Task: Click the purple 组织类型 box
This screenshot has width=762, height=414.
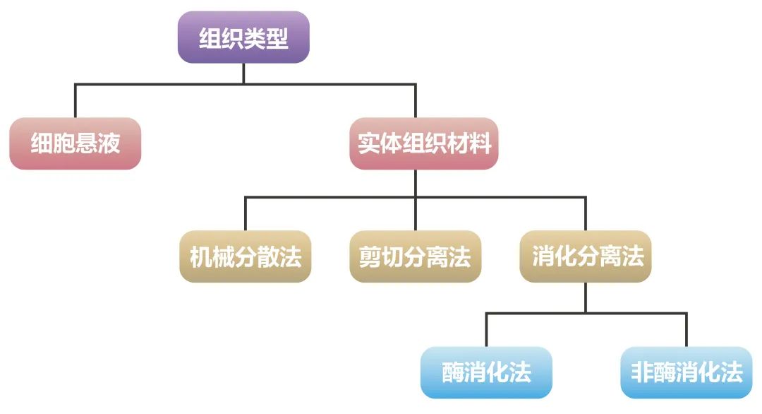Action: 243,37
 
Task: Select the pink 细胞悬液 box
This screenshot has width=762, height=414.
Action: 75,143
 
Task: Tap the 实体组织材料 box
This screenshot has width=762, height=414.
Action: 424,143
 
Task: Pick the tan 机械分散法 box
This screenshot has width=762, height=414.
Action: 246,256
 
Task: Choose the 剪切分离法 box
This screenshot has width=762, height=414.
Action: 416,256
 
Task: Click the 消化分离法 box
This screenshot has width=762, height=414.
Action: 586,256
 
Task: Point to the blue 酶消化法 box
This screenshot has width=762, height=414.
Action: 486,372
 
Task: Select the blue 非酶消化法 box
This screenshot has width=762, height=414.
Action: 687,372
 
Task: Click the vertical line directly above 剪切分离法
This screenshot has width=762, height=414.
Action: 416,212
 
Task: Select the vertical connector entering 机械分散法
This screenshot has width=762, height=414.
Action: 246,213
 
